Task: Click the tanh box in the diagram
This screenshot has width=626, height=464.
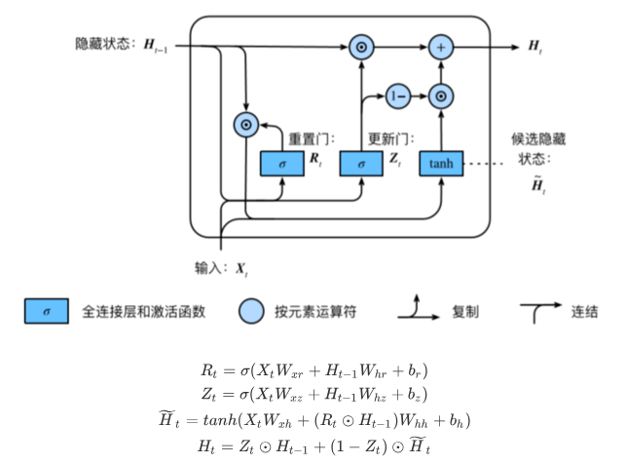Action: coord(441,164)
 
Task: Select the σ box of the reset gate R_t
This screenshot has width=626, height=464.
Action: coord(281,164)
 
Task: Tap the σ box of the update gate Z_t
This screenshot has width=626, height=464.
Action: coord(361,164)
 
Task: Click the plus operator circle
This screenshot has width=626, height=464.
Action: coord(442,46)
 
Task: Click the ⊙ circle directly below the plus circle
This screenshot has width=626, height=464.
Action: coord(442,97)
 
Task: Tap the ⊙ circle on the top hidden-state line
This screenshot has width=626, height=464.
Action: coord(361,46)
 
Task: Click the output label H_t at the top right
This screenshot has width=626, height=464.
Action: coord(535,46)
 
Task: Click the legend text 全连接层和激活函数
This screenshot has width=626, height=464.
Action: coord(144,312)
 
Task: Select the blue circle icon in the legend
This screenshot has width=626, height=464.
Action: coord(251,312)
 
